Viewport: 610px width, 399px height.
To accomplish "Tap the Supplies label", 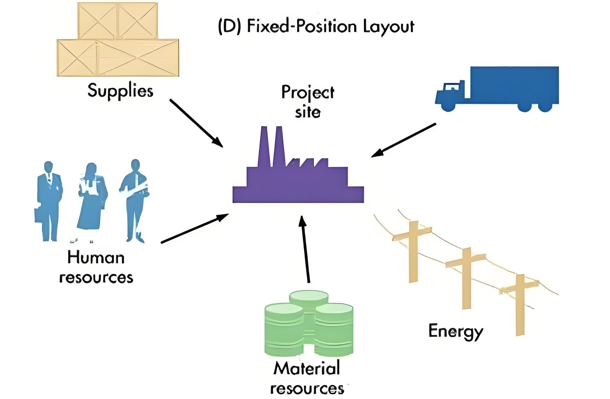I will pyautogui.click(x=120, y=91).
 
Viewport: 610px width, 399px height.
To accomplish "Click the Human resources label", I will pyautogui.click(x=96, y=268).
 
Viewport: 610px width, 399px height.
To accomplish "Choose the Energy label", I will pyautogui.click(x=456, y=332).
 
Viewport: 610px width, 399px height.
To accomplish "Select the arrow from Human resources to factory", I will pyautogui.click(x=195, y=228).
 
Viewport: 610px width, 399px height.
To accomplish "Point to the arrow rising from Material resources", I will pyautogui.click(x=305, y=250).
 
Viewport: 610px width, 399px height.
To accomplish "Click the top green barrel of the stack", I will pyautogui.click(x=308, y=298).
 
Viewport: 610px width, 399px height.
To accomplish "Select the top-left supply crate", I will pyautogui.click(x=97, y=21).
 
